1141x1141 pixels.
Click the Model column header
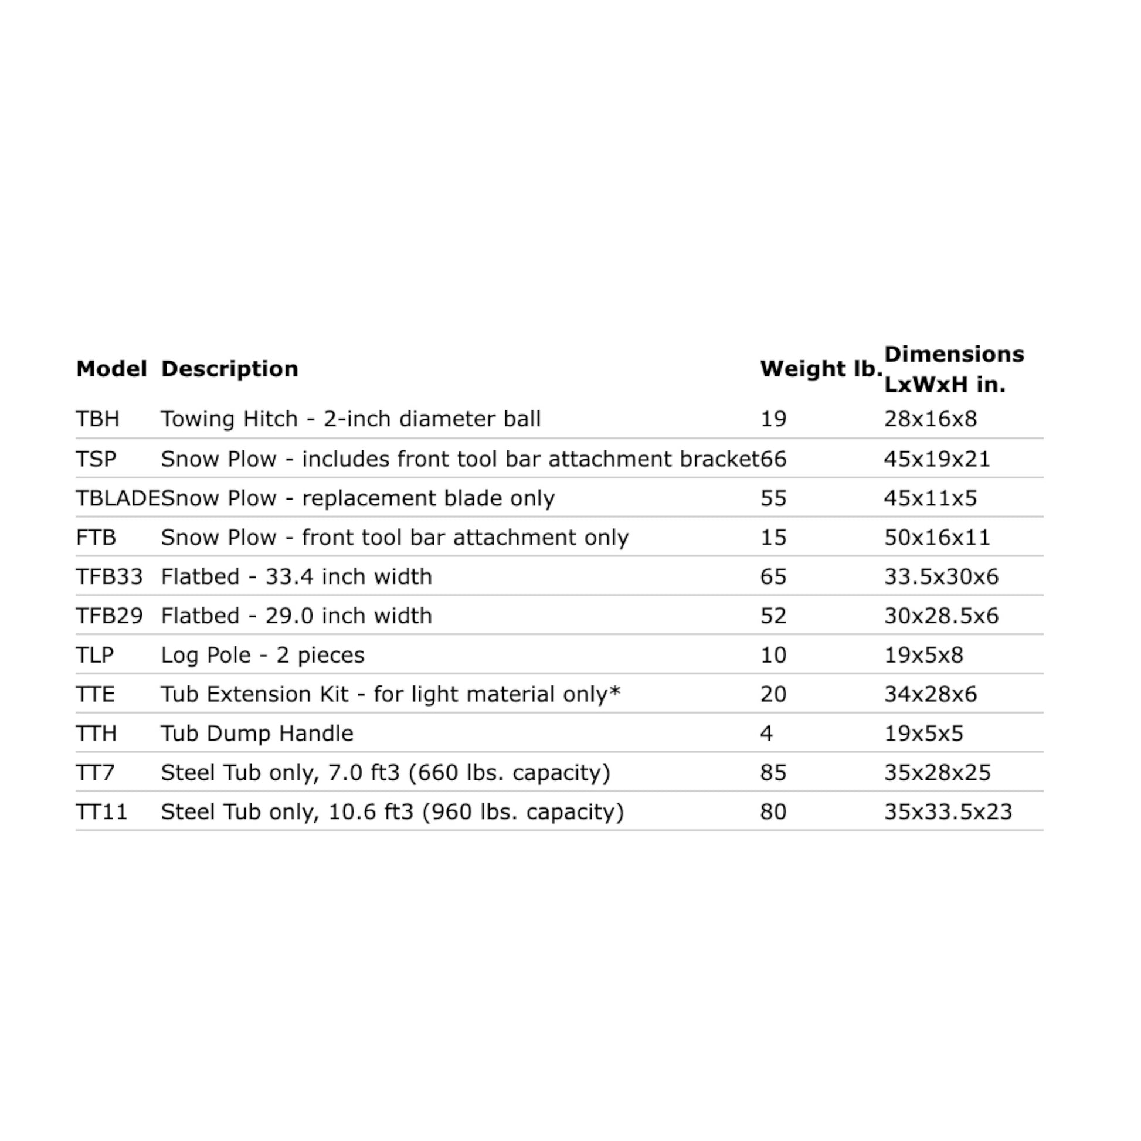[x=111, y=369]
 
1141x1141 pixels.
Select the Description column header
[x=229, y=369]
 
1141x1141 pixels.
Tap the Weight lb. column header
[x=820, y=369]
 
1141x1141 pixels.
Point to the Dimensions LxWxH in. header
[x=953, y=369]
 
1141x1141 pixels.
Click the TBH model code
[x=97, y=419]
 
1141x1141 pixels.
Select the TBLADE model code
[x=117, y=498]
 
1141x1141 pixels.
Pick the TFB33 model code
[x=109, y=576]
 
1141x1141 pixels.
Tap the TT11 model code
[x=101, y=812]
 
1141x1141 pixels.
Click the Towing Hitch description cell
[x=350, y=419]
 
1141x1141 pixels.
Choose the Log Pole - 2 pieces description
[x=262, y=655]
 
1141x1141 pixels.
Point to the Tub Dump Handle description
[x=257, y=733]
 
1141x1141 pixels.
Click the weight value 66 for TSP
[x=773, y=459]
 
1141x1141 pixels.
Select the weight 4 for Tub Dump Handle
[x=766, y=733]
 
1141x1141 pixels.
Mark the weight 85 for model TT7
[x=773, y=772]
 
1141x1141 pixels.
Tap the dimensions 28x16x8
[x=930, y=419]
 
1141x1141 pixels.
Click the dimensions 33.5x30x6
[x=941, y=576]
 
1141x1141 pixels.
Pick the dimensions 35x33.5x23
[x=948, y=812]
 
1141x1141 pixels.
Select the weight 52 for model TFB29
[x=773, y=616]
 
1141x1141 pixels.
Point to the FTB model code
[x=96, y=538]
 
